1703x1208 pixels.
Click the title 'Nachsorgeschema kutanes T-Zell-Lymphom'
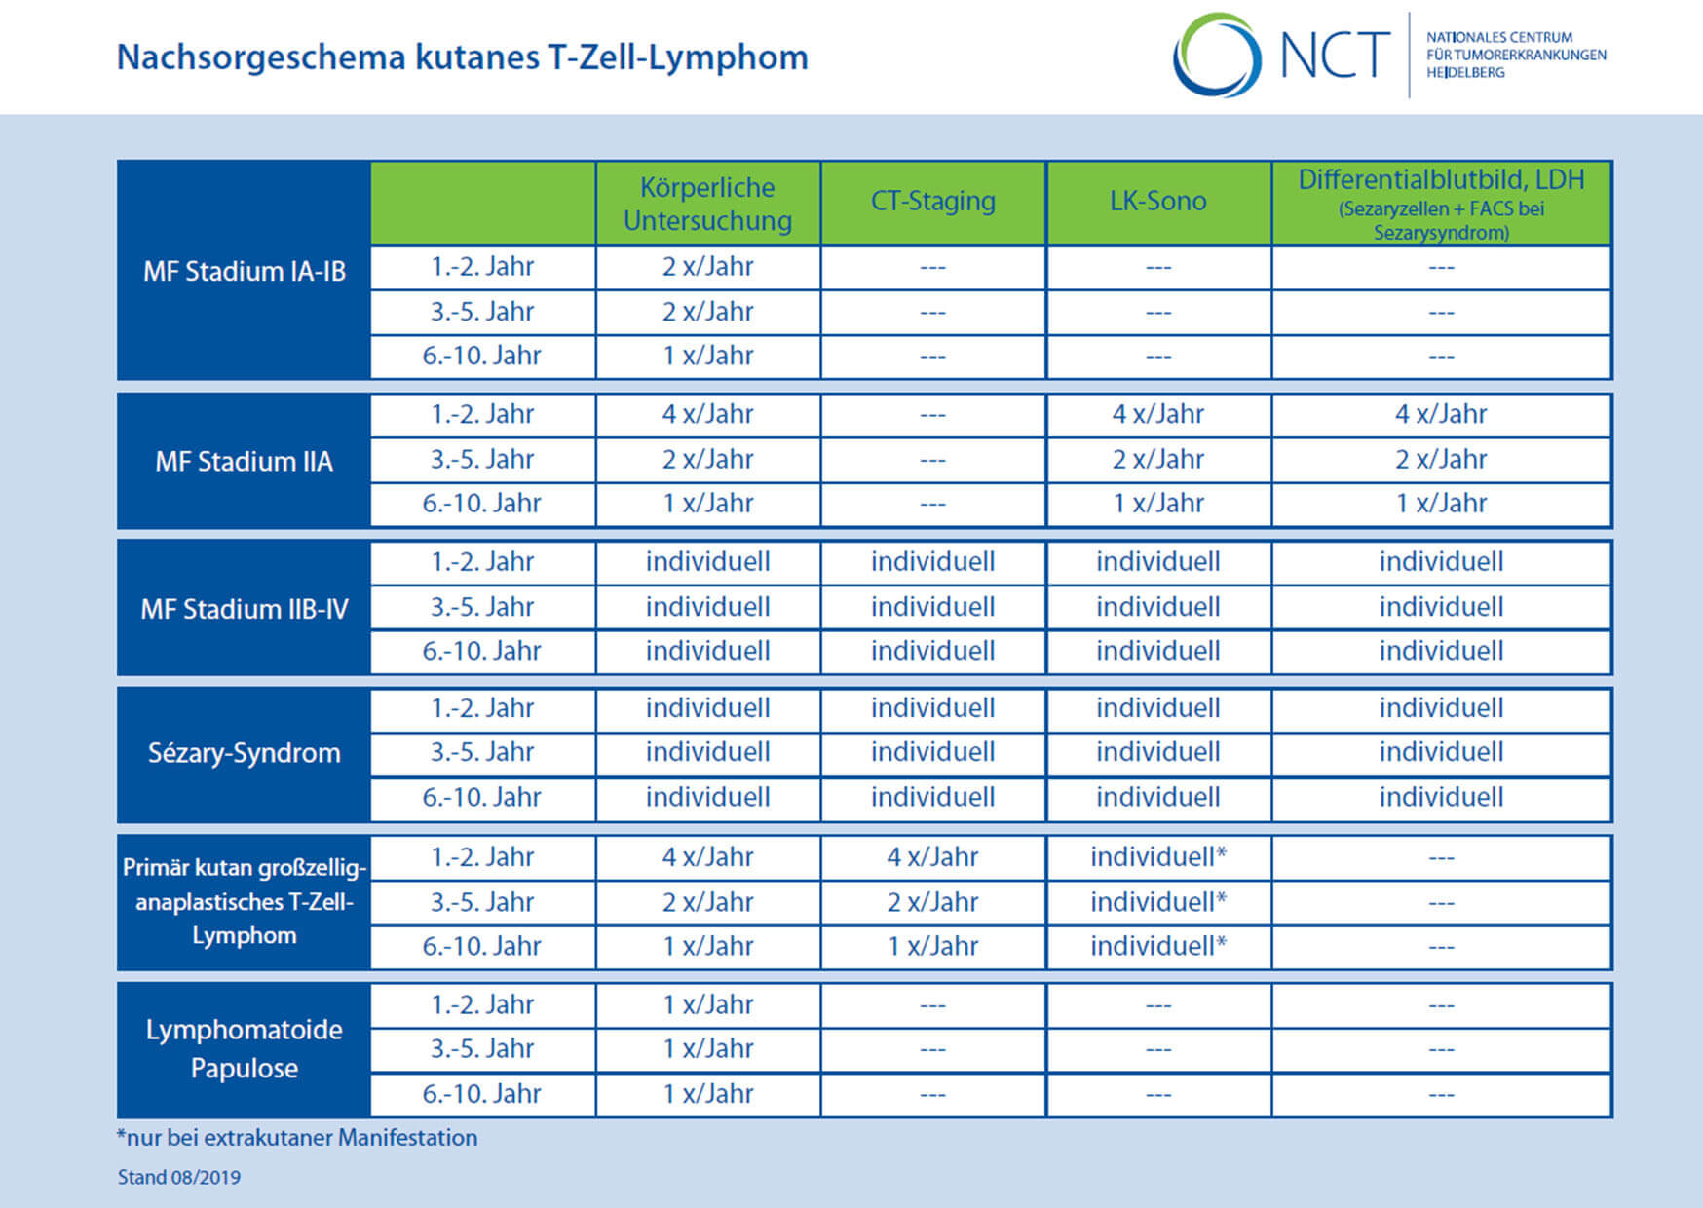point(462,57)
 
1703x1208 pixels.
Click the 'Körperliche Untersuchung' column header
point(707,204)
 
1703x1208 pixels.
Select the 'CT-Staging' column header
point(932,201)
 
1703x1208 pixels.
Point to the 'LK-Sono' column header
point(1157,201)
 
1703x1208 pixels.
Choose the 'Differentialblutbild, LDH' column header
point(1441,179)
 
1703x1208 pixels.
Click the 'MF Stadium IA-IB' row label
point(244,271)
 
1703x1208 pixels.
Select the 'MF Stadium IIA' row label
point(244,461)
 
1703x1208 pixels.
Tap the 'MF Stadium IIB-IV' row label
point(244,609)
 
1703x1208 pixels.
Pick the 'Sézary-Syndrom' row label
point(244,752)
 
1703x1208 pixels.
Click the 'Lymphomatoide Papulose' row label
point(244,1048)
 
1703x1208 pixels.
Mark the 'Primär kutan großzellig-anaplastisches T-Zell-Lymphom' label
point(244,901)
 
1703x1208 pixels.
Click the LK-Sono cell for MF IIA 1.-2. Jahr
point(1157,414)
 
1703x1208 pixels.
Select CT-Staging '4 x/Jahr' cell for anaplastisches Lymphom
point(932,857)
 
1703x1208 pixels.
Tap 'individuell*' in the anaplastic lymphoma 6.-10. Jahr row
point(1157,946)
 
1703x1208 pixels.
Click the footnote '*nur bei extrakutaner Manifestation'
point(297,1138)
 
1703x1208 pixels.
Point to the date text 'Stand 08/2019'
point(179,1177)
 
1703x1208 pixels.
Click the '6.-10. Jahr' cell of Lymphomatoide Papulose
point(481,1094)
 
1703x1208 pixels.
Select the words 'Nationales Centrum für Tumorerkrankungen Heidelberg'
point(1516,55)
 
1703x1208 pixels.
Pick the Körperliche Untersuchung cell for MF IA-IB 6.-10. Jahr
point(707,356)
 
